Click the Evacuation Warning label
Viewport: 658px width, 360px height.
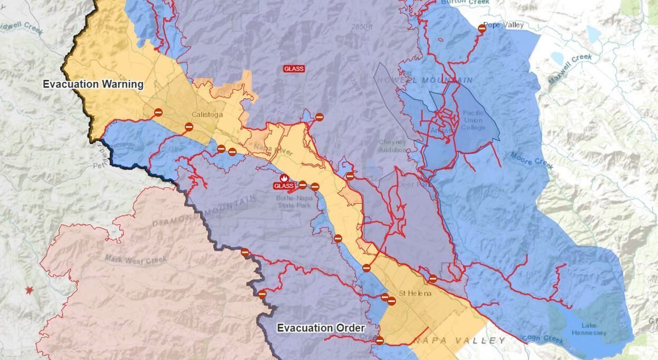(93, 84)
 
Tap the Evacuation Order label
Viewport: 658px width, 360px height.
(321, 328)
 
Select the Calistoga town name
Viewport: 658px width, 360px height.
(208, 115)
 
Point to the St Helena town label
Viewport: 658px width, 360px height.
(415, 293)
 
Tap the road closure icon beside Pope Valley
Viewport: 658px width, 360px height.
(482, 29)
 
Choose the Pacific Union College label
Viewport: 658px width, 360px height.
(473, 120)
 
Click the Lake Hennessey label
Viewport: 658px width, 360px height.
(589, 329)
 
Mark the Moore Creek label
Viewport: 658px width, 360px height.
(532, 160)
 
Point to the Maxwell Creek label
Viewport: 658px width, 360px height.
(570, 69)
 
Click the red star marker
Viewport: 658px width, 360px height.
(30, 290)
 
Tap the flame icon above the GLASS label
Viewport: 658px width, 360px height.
(284, 178)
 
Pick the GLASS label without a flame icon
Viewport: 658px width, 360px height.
(294, 69)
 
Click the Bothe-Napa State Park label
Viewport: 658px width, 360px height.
(294, 202)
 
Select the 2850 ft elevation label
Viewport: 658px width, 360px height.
(362, 26)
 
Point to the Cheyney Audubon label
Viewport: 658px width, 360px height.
(392, 146)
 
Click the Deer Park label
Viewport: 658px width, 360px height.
(407, 185)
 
